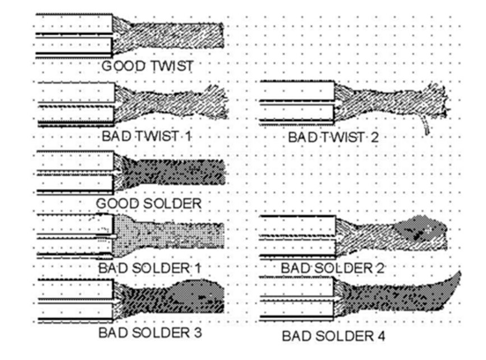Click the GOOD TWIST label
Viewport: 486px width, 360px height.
tap(148, 66)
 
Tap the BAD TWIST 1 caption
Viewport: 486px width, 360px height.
tap(148, 136)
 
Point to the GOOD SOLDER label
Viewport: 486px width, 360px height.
tap(148, 203)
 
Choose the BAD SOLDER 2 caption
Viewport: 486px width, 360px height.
tap(333, 268)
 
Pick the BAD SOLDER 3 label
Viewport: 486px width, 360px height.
tap(150, 332)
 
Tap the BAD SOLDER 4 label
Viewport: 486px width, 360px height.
tap(333, 336)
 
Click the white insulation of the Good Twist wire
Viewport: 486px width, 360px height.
tap(73, 24)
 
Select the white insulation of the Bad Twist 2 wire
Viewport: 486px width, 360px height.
tap(297, 92)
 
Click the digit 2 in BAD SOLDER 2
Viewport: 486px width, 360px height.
tap(380, 268)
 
